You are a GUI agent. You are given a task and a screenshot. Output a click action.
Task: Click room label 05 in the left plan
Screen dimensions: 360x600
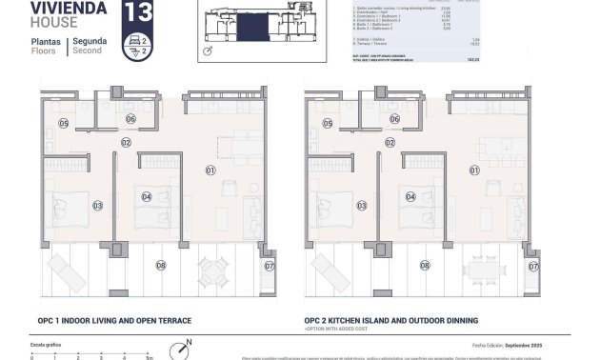64,124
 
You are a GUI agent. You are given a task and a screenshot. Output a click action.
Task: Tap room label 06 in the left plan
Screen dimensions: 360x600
130,119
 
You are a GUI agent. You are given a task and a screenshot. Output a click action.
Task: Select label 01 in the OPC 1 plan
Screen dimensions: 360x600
210,170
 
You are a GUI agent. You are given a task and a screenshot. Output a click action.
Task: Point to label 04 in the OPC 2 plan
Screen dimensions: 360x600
410,197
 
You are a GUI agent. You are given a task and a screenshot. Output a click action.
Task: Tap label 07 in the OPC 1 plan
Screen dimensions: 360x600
269,266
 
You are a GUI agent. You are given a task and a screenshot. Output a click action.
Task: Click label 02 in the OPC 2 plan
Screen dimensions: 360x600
390,143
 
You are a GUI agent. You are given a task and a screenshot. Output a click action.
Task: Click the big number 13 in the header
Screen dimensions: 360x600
137,12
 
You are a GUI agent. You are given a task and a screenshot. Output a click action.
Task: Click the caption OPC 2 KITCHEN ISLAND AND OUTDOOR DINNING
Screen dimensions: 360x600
391,321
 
